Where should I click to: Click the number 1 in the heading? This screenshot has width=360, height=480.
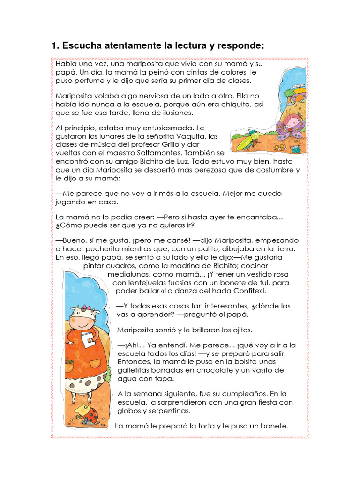[54, 46]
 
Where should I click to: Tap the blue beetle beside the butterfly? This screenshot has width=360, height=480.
[296, 149]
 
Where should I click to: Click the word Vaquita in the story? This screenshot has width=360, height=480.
[189, 136]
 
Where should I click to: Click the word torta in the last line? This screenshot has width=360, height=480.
[198, 426]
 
